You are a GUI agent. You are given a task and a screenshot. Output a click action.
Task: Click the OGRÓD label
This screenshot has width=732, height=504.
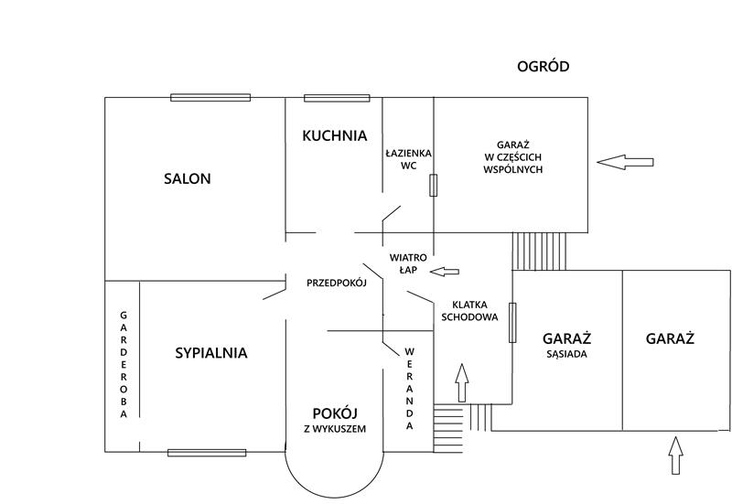[x=543, y=66]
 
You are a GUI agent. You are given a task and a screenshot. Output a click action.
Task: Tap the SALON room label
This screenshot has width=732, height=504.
[x=188, y=178]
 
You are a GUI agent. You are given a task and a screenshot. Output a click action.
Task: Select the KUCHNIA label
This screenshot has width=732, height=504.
[x=334, y=135]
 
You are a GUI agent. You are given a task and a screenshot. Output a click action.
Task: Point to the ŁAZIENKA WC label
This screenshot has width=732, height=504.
[x=408, y=159]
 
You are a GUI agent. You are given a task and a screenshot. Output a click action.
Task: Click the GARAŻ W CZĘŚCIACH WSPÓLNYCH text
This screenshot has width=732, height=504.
[x=512, y=157]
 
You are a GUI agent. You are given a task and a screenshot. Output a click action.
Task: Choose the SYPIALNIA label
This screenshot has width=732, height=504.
[x=211, y=353]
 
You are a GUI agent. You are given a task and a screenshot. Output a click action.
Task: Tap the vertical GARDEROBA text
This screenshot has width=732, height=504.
[x=124, y=365]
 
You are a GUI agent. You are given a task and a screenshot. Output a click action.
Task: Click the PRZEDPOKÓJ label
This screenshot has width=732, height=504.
[x=337, y=283]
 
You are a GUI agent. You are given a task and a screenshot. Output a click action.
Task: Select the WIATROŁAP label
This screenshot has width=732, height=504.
[x=408, y=263]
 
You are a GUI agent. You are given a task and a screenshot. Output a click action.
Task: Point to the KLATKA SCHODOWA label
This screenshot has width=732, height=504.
[x=469, y=311]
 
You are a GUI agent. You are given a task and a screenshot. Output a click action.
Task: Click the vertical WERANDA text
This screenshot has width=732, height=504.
[x=409, y=389]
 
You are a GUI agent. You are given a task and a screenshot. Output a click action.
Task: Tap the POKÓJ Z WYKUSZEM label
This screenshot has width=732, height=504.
[x=335, y=420]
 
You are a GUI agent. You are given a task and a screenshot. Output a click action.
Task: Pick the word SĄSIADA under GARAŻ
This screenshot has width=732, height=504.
[x=566, y=354]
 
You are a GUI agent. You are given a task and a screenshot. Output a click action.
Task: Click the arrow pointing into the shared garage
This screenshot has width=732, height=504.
[x=625, y=162]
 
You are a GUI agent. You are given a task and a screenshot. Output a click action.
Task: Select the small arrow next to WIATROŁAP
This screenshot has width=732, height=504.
[x=445, y=272]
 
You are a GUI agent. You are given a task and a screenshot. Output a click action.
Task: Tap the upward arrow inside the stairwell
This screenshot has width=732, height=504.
[x=462, y=382]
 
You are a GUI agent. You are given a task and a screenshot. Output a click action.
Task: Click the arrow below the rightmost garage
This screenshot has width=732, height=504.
[x=675, y=456]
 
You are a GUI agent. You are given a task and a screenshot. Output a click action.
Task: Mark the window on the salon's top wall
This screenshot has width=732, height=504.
[x=210, y=98]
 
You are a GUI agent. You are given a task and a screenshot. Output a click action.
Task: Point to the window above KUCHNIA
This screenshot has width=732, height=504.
[x=337, y=98]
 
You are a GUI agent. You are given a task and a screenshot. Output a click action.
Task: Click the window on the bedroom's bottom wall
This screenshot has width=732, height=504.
[x=207, y=453]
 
